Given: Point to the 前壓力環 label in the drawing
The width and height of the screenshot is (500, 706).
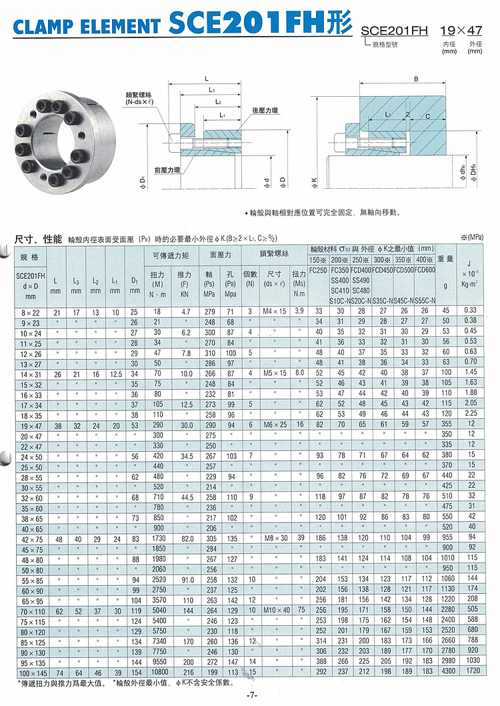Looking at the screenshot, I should tap(167, 170).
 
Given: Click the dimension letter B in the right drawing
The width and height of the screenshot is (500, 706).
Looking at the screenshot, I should tap(415, 79).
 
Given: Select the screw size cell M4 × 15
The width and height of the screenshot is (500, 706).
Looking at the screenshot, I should tap(274, 311).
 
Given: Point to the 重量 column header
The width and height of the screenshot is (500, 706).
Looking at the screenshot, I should tap(445, 258).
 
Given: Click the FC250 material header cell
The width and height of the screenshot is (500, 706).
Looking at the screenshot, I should tap(318, 270).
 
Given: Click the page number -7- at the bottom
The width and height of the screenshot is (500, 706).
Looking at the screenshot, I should tap(251, 696).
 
